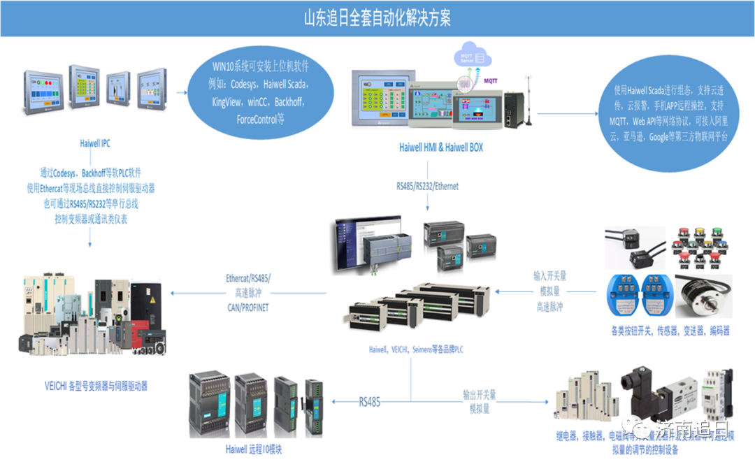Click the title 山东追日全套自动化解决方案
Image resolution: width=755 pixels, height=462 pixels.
tap(377, 17)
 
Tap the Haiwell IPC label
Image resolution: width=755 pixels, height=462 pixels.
tap(95, 144)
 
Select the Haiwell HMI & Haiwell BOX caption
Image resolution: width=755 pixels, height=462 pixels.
tap(440, 147)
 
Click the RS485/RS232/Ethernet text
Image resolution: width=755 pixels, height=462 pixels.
tap(427, 187)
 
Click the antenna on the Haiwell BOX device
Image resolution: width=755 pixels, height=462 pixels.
tap(528, 98)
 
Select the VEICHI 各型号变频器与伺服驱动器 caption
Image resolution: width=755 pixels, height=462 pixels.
tap(95, 385)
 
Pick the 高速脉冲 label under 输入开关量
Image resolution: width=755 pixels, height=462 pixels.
tap(549, 307)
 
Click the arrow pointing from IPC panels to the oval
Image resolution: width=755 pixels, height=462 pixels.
tap(187, 92)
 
